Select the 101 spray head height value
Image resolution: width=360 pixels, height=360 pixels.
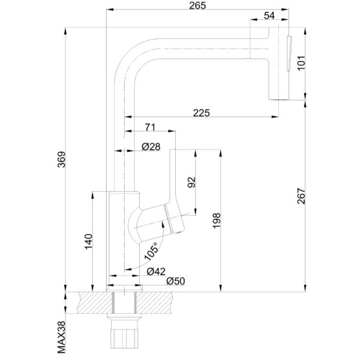pyautogui.click(x=301, y=62)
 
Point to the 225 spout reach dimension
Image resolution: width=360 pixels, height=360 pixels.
pyautogui.click(x=202, y=111)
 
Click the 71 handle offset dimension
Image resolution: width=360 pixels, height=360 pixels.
pyautogui.click(x=150, y=127)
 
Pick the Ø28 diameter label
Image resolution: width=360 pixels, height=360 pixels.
pyautogui.click(x=151, y=147)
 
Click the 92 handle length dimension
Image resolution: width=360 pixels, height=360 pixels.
pyautogui.click(x=192, y=182)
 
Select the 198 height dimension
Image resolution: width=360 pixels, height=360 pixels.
pyautogui.click(x=217, y=220)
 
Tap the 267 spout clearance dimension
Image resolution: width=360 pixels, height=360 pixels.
pyautogui.click(x=301, y=196)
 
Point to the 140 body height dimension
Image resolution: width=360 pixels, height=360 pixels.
pyautogui.click(x=88, y=241)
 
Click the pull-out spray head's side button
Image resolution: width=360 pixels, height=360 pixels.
pyautogui.click(x=289, y=54)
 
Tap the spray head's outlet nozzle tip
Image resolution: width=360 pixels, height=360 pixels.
pyautogui.click(x=277, y=95)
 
